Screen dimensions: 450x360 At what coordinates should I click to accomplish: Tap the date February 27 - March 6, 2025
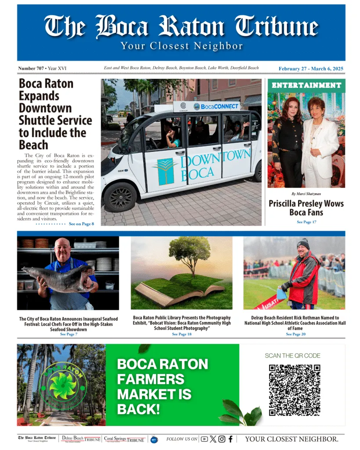[311, 69]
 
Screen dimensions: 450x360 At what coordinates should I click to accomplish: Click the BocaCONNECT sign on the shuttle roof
[216, 106]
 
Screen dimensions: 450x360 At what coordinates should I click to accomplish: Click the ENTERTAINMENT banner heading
[306, 85]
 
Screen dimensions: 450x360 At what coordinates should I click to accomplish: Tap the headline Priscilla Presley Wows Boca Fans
[306, 208]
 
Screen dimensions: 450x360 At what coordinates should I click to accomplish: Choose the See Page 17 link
[306, 222]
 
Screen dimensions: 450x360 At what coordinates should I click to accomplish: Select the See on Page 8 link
[81, 224]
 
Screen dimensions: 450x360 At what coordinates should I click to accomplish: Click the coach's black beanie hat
[303, 243]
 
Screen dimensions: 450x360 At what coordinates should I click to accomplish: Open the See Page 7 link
[69, 334]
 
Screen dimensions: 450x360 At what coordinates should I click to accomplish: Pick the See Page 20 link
[295, 334]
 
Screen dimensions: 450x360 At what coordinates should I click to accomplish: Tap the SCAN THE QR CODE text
[292, 356]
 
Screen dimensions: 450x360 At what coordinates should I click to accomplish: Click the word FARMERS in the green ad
[151, 379]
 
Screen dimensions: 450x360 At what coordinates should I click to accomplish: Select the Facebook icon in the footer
[230, 439]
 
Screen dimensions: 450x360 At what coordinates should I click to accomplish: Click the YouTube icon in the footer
[204, 439]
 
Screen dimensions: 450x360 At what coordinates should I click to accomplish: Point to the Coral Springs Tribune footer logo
[124, 439]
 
